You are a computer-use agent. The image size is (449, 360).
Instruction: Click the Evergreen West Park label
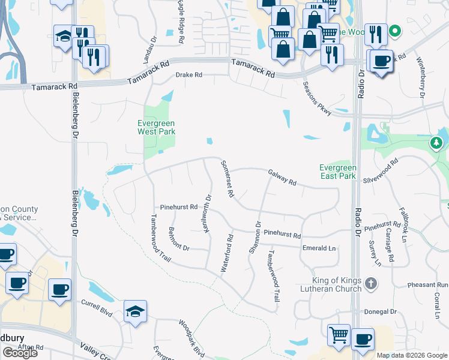pyautogui.click(x=155, y=127)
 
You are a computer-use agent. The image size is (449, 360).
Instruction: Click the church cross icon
pyautogui.click(x=372, y=283)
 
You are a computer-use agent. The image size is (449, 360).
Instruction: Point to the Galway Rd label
pyautogui.click(x=282, y=176)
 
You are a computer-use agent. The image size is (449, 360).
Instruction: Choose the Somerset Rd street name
pyautogui.click(x=227, y=179)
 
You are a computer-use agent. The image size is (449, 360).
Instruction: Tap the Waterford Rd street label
pyautogui.click(x=227, y=254)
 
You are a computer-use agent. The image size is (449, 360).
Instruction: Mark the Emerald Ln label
pyautogui.click(x=319, y=248)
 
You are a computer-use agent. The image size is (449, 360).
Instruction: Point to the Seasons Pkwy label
pyautogui.click(x=317, y=98)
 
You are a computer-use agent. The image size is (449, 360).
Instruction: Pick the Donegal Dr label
pyautogui.click(x=381, y=311)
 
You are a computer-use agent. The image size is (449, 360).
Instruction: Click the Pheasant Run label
pyautogui.click(x=428, y=284)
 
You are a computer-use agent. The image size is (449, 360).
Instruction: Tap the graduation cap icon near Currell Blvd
pyautogui.click(x=135, y=311)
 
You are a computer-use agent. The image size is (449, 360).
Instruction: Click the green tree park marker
pyautogui.click(x=436, y=143)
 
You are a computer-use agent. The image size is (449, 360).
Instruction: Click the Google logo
pyautogui.click(x=20, y=352)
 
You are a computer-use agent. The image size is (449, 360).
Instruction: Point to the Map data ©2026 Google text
pyautogui.click(x=411, y=355)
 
